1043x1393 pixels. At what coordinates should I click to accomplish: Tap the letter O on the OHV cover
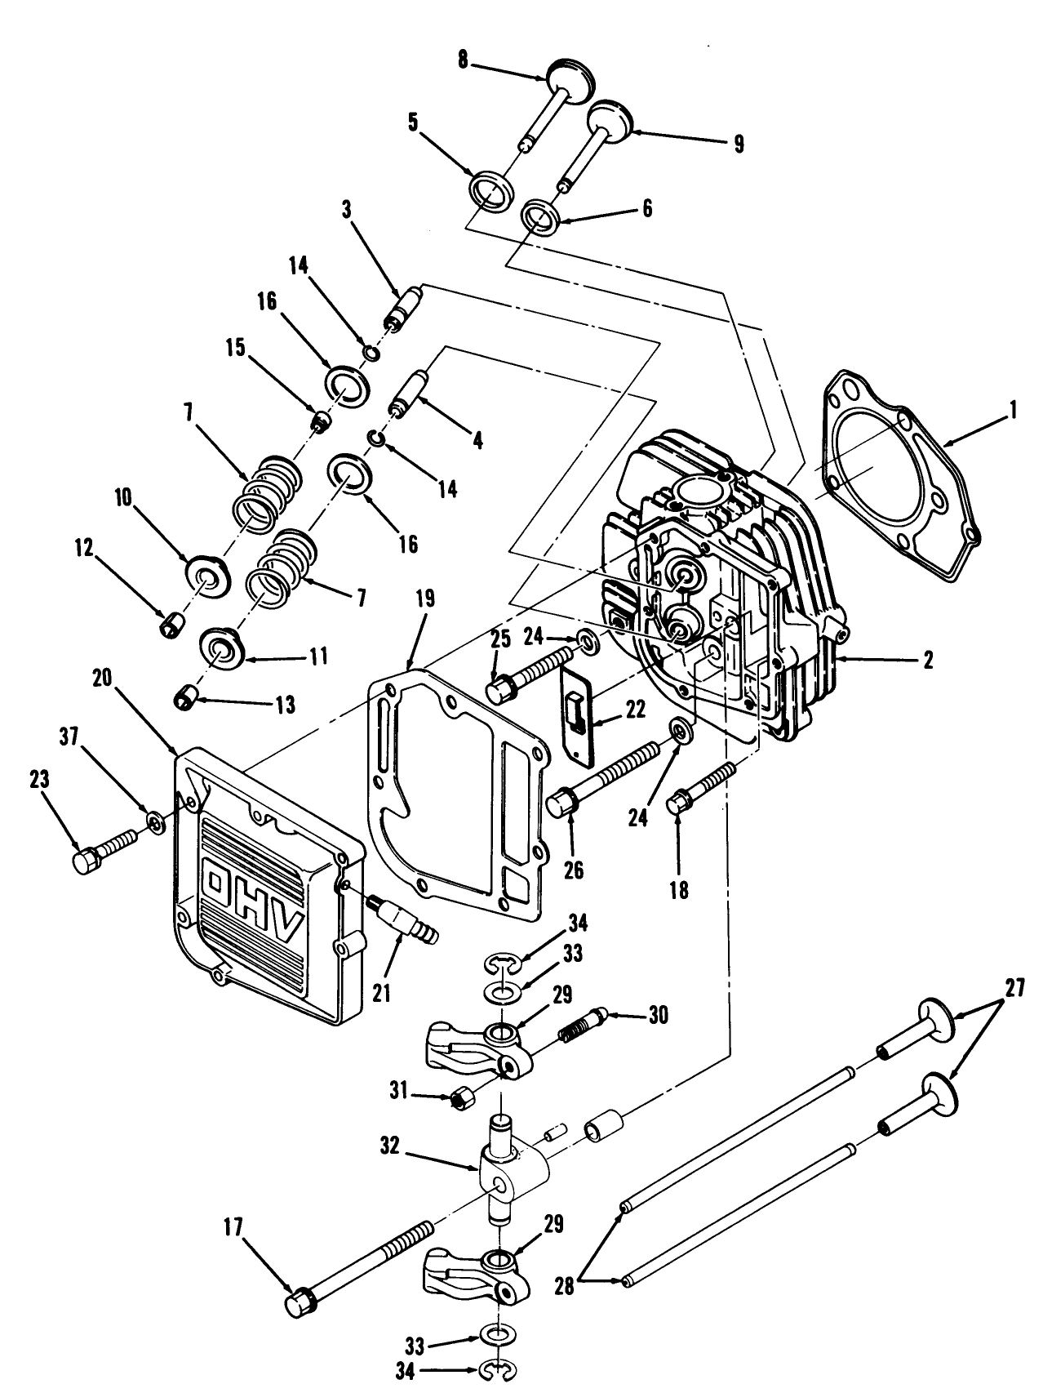click(x=220, y=883)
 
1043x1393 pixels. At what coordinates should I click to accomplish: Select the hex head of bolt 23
click(x=85, y=861)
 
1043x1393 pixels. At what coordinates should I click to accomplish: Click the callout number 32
click(x=391, y=1146)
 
